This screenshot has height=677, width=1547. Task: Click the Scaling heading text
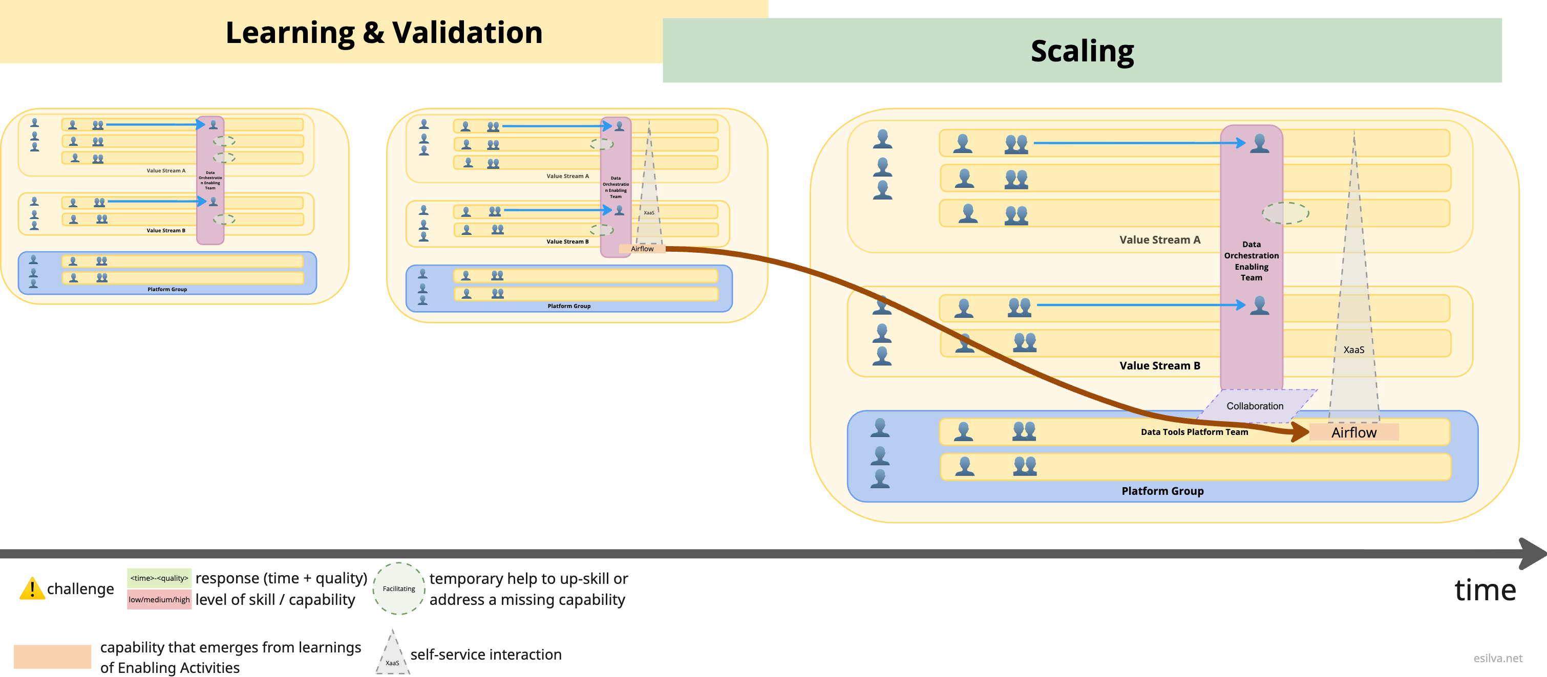[x=1082, y=51]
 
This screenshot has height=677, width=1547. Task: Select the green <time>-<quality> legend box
[x=159, y=578]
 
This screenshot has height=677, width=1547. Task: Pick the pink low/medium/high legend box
[x=159, y=599]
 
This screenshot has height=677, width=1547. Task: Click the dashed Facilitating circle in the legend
[x=399, y=588]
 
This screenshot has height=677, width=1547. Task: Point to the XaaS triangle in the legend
[x=392, y=653]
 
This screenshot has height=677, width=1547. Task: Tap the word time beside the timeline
[x=1485, y=590]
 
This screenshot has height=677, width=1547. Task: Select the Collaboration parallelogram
[x=1255, y=406]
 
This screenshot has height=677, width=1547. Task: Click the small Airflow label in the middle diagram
[x=642, y=249]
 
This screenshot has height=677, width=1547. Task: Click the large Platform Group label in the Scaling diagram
[x=1162, y=491]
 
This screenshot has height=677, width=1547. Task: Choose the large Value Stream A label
[x=1160, y=239]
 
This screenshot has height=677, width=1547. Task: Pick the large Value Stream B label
[x=1160, y=365]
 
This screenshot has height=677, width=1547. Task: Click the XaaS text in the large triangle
[x=1353, y=350]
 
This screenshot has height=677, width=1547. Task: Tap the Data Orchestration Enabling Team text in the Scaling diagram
[x=1252, y=260]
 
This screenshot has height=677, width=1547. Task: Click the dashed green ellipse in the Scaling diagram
[x=1285, y=213]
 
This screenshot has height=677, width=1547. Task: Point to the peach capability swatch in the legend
[x=53, y=657]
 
